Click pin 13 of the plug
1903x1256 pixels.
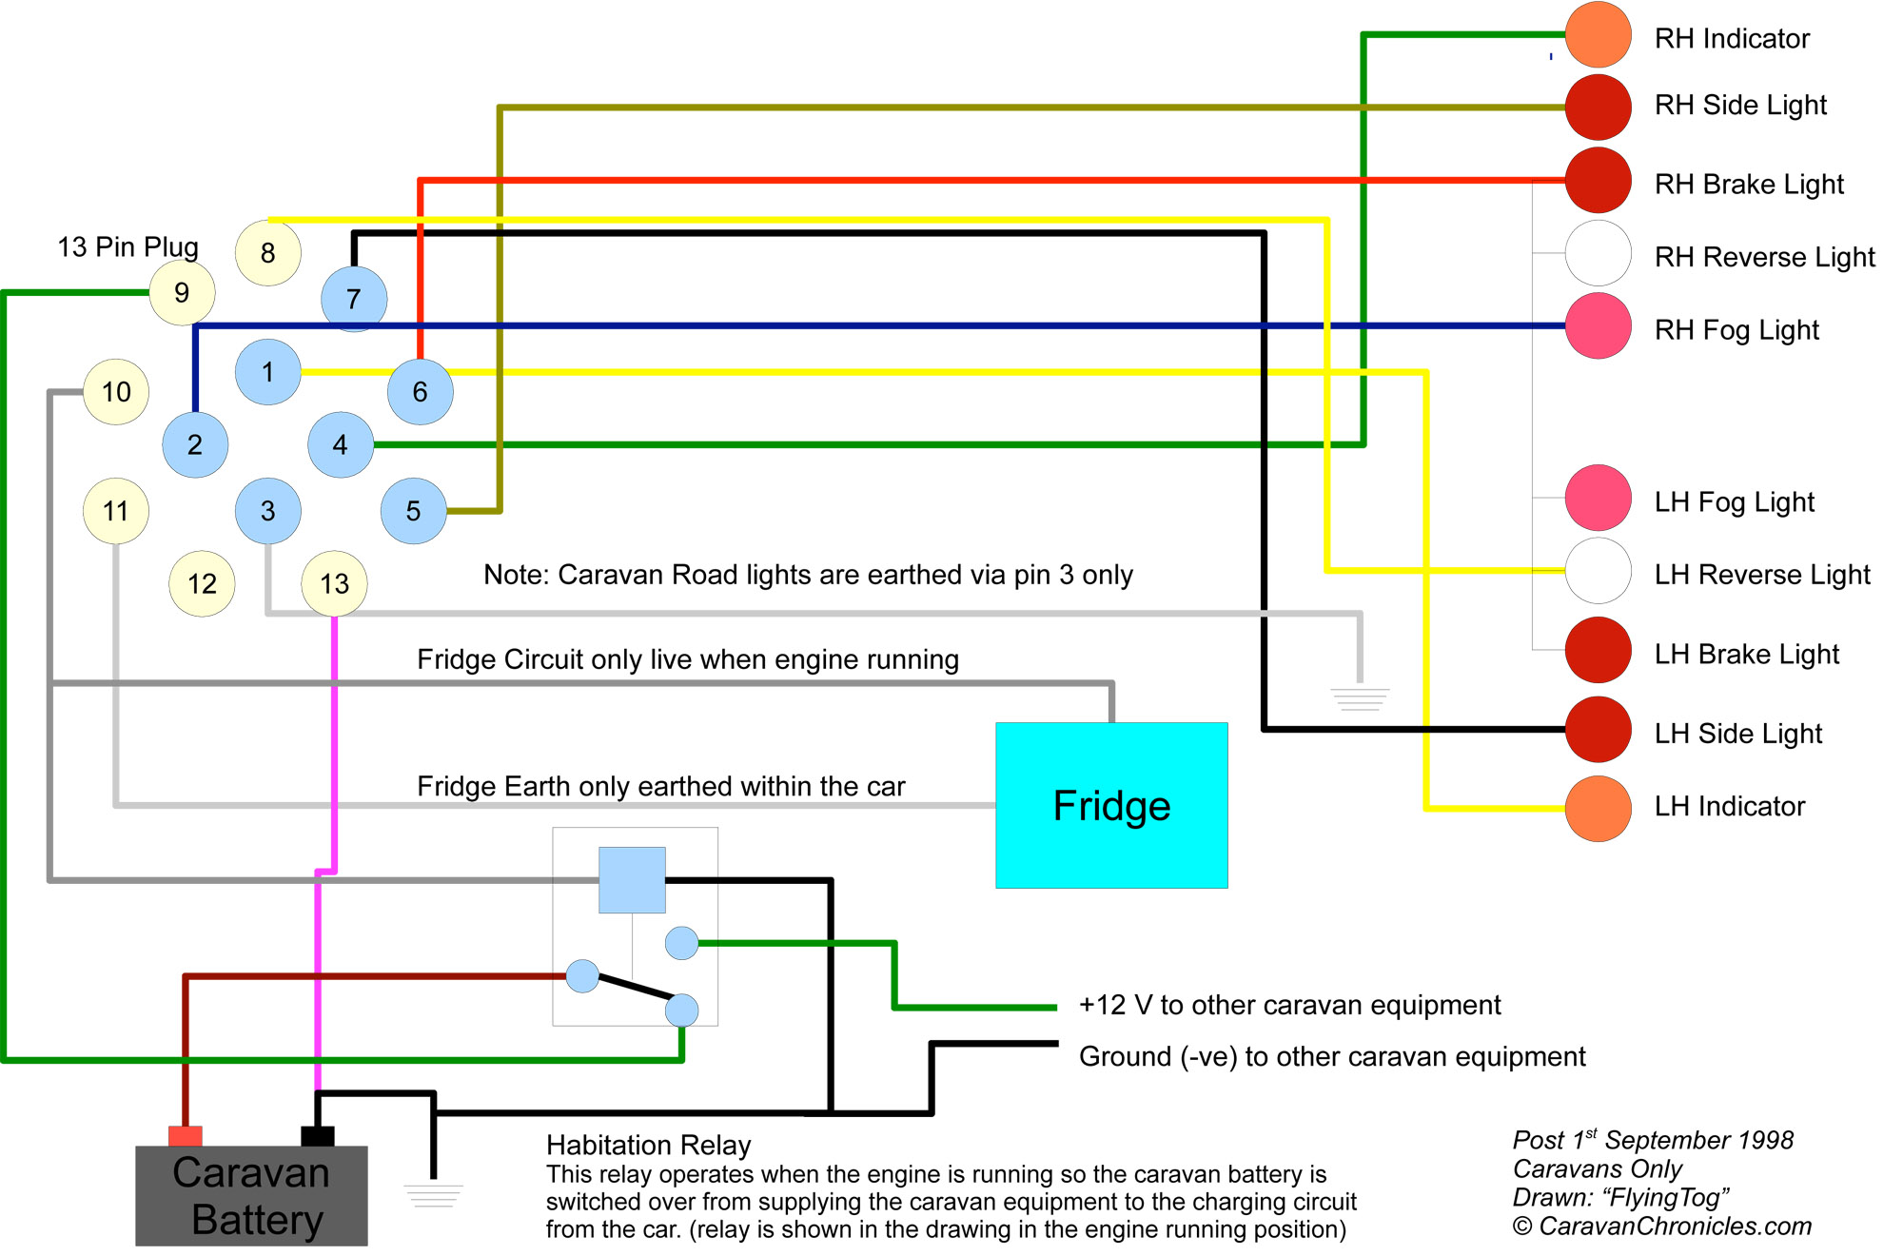pyautogui.click(x=334, y=583)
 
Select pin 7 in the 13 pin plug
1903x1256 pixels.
pyautogui.click(x=354, y=299)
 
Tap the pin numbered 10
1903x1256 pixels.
pyautogui.click(x=116, y=391)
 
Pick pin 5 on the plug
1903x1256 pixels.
pyautogui.click(x=413, y=511)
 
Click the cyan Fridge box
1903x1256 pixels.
pyautogui.click(x=1111, y=805)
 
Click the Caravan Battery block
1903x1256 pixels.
pyautogui.click(x=251, y=1196)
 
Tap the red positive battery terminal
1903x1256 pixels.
pyautogui.click(x=186, y=1136)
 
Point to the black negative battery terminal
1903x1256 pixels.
pyautogui.click(x=318, y=1136)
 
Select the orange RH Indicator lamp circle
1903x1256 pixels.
pyautogui.click(x=1599, y=35)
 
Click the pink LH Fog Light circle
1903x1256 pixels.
pyautogui.click(x=1599, y=498)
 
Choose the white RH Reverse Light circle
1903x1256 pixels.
pyautogui.click(x=1599, y=253)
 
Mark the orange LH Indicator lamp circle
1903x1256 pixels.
pyautogui.click(x=1599, y=809)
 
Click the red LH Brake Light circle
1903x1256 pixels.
pyautogui.click(x=1599, y=650)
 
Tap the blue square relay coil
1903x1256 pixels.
pyautogui.click(x=632, y=880)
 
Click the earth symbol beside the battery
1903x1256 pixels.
pyautogui.click(x=434, y=1195)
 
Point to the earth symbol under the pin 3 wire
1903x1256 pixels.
pyautogui.click(x=1361, y=699)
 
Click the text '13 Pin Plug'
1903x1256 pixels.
pyautogui.click(x=128, y=247)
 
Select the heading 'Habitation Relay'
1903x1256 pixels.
pyautogui.click(x=648, y=1145)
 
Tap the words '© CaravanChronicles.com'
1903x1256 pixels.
pyautogui.click(x=1662, y=1227)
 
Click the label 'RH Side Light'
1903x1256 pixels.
pyautogui.click(x=1740, y=105)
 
